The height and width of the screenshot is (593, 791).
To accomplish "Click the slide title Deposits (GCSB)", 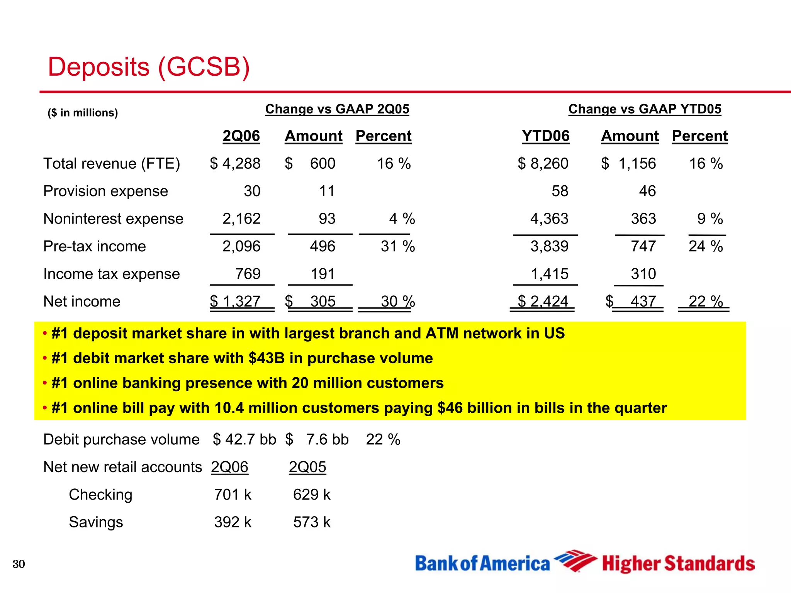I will coord(149,67).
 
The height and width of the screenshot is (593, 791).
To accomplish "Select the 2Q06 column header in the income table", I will coord(241,136).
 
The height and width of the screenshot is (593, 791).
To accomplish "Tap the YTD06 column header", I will coord(545,136).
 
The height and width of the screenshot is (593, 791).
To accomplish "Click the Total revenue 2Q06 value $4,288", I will coord(235,164).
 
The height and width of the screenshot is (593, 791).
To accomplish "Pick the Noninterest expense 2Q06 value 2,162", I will coord(241,219).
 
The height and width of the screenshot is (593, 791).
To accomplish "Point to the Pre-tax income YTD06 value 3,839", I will coord(549,246).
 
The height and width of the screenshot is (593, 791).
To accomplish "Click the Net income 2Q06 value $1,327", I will coord(235,302).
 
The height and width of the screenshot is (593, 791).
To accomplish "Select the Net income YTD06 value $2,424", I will coord(543,302).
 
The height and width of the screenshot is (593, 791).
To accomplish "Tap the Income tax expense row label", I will coord(112,274).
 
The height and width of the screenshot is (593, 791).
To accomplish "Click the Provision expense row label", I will coord(105,191).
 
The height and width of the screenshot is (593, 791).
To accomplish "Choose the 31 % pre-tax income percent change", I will coord(397,246).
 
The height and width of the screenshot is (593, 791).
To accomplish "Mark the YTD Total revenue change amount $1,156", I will coord(629,164).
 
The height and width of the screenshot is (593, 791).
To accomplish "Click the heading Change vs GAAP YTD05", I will coord(645,109).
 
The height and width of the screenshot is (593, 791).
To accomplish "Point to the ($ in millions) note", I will coord(83,113).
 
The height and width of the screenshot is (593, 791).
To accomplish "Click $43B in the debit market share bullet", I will coord(266,358).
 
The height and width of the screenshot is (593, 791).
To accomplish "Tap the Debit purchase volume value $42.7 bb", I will coord(244,440).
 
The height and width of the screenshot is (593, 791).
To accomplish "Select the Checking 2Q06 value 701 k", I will coord(233,495).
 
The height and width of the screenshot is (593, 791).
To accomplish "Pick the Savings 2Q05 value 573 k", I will coord(312,522).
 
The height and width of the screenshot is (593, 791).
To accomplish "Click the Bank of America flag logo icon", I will coord(575,561).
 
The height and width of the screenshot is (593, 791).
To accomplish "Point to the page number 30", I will coord(19,564).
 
